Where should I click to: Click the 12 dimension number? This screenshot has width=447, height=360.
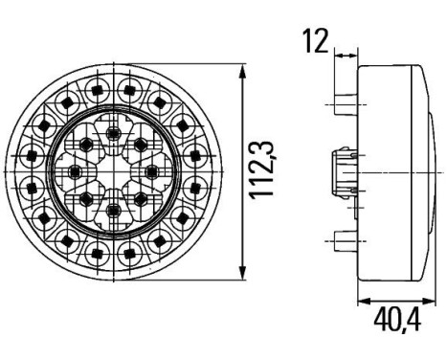(314, 41)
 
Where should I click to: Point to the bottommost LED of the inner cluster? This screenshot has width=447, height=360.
(115, 210)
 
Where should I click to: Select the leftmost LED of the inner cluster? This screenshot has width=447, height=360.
(76, 170)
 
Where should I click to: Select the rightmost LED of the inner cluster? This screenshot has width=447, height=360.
(154, 170)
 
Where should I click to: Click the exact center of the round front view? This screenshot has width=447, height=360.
(115, 170)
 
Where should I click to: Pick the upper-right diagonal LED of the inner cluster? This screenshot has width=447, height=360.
(142, 145)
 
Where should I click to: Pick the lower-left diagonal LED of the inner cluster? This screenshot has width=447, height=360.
(88, 197)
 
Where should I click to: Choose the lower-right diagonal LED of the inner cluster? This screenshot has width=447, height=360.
(142, 197)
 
